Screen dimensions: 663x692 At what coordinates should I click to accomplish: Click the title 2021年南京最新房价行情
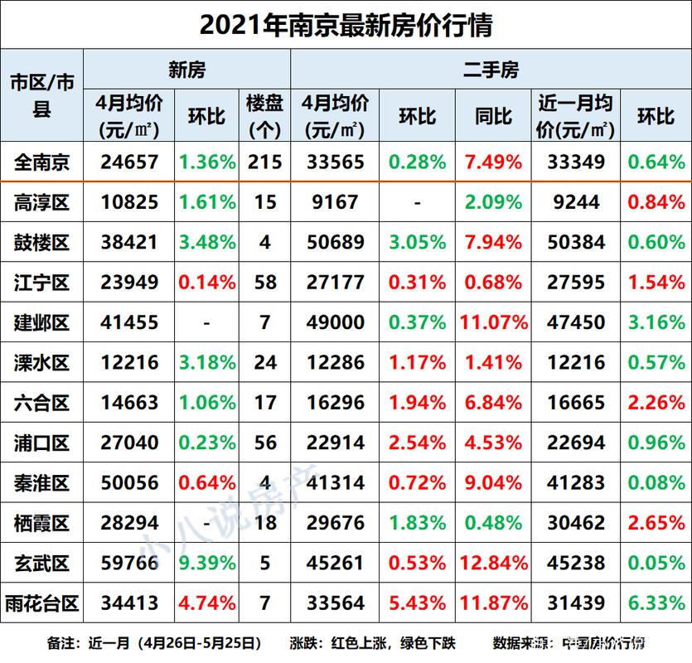tap(346, 25)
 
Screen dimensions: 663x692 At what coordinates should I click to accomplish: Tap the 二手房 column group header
tap(491, 70)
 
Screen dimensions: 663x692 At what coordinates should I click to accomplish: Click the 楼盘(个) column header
tap(264, 116)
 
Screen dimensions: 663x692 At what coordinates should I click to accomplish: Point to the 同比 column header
tap(493, 116)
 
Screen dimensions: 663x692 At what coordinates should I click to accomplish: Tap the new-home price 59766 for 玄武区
tap(128, 564)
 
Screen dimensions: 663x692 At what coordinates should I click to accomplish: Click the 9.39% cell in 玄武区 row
tap(206, 564)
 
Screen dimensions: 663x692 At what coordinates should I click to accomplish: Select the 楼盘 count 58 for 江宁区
tap(264, 283)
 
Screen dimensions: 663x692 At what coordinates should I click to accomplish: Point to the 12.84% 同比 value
tap(493, 564)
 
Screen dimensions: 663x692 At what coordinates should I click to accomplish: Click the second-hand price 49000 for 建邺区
tap(336, 322)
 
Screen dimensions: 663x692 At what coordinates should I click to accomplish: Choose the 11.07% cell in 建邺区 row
tap(493, 322)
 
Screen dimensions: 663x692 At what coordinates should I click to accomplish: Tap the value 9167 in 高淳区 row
tap(336, 202)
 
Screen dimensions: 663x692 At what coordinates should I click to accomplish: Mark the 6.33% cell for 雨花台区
tap(656, 604)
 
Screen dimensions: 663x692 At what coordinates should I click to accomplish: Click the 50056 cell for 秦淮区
tap(128, 483)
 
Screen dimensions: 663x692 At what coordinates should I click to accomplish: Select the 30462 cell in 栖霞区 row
tap(576, 524)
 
